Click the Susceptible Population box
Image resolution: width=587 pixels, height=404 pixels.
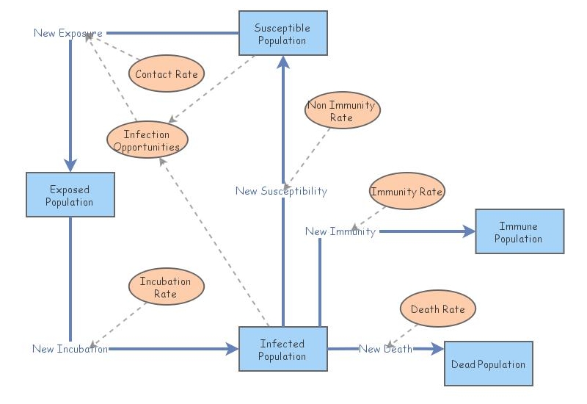coord(282,33)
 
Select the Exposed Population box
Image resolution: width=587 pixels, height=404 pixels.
coord(70,195)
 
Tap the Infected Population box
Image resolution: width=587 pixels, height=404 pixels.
coord(282,349)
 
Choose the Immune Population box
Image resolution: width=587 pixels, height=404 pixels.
coord(519,231)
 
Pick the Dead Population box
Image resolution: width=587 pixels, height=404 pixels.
coord(488,364)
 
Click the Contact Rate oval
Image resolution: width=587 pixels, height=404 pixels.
coord(166,74)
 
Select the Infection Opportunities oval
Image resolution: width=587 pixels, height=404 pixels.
coord(147,140)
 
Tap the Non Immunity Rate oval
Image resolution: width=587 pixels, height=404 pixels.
coord(341,111)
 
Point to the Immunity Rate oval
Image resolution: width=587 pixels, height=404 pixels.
coord(406,192)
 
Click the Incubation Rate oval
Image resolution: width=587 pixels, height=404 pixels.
coord(165,287)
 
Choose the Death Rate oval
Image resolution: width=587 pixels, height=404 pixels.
coord(437,309)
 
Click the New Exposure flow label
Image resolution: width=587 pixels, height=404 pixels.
coord(68,33)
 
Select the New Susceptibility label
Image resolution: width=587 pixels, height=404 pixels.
coord(281,191)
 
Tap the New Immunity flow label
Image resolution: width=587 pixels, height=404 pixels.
coord(340,231)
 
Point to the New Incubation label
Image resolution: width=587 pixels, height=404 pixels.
coord(70,349)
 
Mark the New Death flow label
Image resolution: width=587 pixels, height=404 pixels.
coord(385,349)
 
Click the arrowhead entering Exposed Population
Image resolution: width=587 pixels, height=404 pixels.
coord(70,166)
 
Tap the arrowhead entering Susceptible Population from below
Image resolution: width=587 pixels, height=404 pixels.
coord(282,62)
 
